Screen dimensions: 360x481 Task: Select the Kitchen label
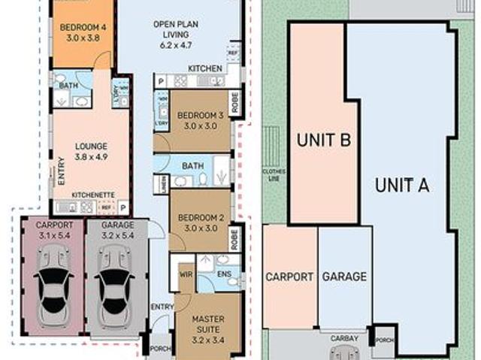pyautogui.click(x=204, y=69)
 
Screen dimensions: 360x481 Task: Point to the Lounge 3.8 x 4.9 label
pyautogui.click(x=92, y=152)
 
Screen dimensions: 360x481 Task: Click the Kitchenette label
pyautogui.click(x=92, y=195)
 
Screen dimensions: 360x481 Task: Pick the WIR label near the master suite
pyautogui.click(x=186, y=275)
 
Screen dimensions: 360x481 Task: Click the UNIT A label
pyautogui.click(x=402, y=186)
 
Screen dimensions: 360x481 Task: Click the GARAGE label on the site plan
pyautogui.click(x=344, y=277)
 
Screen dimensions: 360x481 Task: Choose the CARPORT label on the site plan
pyautogui.click(x=289, y=277)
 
